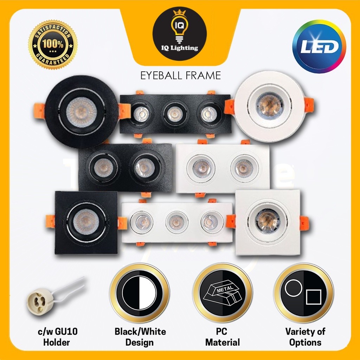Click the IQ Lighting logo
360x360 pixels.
179,34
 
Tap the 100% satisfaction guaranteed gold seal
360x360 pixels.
53,44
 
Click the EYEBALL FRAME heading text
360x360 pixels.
180,75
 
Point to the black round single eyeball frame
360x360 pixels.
82,111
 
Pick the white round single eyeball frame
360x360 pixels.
270,106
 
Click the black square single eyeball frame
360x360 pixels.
86,222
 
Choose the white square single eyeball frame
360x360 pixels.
268,222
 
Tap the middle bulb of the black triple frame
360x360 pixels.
175,114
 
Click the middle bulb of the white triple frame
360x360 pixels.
177,222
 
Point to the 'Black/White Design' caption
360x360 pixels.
140,337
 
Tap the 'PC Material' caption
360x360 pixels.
223,337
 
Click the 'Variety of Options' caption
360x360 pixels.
305,337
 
